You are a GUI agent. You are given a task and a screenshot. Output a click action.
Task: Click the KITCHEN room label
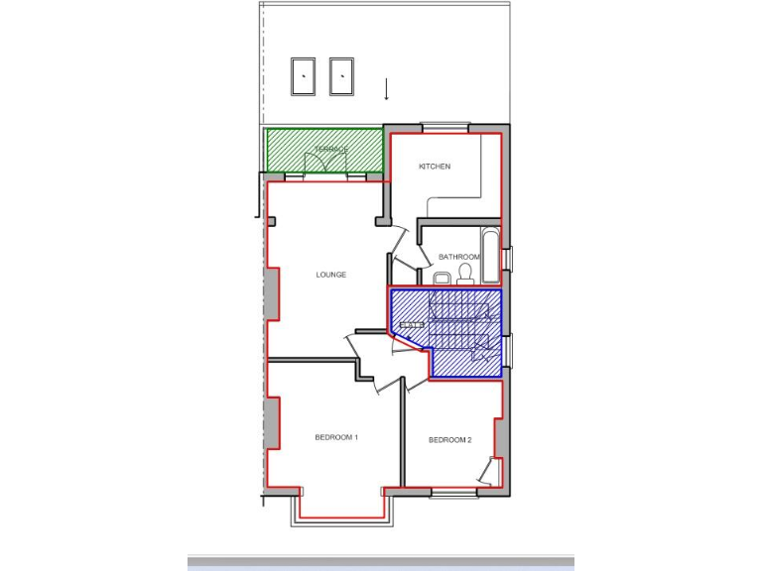click(x=434, y=167)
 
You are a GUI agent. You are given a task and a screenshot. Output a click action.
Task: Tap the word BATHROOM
click(x=458, y=257)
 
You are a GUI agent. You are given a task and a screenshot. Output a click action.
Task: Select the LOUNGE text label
click(x=330, y=275)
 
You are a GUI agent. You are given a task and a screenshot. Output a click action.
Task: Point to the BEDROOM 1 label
click(x=335, y=437)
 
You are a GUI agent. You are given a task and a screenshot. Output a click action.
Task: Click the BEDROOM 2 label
click(x=449, y=439)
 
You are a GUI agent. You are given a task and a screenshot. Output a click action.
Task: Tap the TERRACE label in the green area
click(x=331, y=149)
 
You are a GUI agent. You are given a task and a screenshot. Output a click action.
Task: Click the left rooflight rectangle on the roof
click(x=303, y=75)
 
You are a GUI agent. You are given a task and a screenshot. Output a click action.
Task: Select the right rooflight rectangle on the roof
click(x=341, y=75)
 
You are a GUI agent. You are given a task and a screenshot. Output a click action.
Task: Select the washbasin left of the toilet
click(x=443, y=278)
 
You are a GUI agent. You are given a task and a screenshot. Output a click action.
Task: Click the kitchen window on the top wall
click(x=443, y=126)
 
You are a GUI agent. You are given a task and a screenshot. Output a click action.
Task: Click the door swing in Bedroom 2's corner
click(x=486, y=471)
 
